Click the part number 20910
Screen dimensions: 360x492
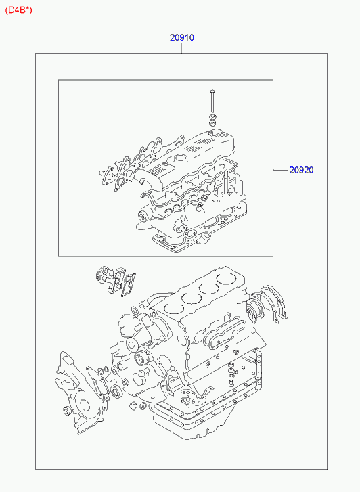(x=182, y=38)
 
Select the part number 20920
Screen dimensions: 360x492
(x=301, y=170)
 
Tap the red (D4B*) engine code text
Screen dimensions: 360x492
(x=18, y=10)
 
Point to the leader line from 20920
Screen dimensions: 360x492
(x=281, y=170)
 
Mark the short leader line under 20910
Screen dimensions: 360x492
(x=182, y=48)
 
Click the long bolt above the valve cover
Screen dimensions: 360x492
(x=212, y=101)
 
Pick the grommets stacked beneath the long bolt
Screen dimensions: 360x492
(x=213, y=120)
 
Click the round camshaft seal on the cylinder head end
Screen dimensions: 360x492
(x=143, y=216)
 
